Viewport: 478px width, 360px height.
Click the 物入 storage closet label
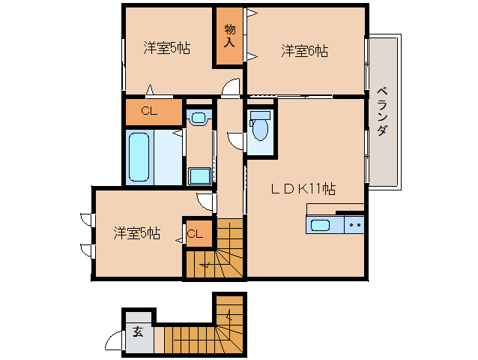pyautogui.click(x=230, y=36)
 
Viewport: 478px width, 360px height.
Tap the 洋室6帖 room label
pyautogui.click(x=304, y=51)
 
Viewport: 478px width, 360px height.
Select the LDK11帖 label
pyautogui.click(x=303, y=189)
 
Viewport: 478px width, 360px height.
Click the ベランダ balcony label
pyautogui.click(x=382, y=111)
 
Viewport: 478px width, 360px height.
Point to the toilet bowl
pyautogui.click(x=260, y=129)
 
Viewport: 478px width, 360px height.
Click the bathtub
pyautogui.click(x=139, y=157)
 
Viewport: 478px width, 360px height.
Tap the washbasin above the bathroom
pyautogui.click(x=199, y=117)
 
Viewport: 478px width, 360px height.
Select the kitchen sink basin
pyautogui.click(x=320, y=226)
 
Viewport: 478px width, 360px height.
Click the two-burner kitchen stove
pyautogui.click(x=354, y=225)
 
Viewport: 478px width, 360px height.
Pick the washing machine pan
pyautogui.click(x=200, y=176)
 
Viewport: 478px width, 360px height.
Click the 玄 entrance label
pyautogui.click(x=138, y=331)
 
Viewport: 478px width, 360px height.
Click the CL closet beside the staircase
pyautogui.click(x=199, y=233)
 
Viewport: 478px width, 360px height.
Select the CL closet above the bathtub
pyautogui.click(x=154, y=111)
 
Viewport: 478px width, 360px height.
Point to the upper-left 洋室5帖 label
pyautogui.click(x=167, y=48)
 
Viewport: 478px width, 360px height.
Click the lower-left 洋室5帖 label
pyautogui.click(x=137, y=233)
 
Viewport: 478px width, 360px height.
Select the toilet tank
pyautogui.click(x=260, y=115)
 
